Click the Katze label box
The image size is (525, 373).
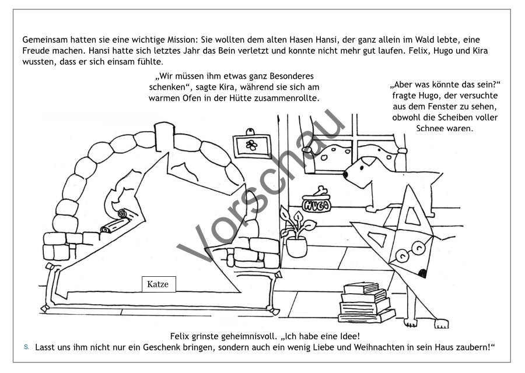(x=159, y=284)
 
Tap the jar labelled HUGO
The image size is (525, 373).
(x=316, y=204)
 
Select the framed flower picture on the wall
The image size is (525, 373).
(x=252, y=145)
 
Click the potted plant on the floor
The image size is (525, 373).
(x=296, y=233)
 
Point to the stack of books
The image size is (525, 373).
(x=366, y=302)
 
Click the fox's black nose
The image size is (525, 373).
(x=423, y=273)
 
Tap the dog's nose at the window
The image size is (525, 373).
(x=345, y=174)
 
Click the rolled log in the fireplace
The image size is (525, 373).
(x=116, y=221)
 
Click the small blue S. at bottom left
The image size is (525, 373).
(x=26, y=347)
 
